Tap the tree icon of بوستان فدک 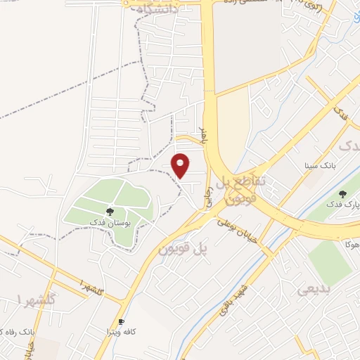110,210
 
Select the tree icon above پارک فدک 342,194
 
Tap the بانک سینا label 316,167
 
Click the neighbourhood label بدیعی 312,289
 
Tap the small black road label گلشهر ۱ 91,288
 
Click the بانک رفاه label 14,330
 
